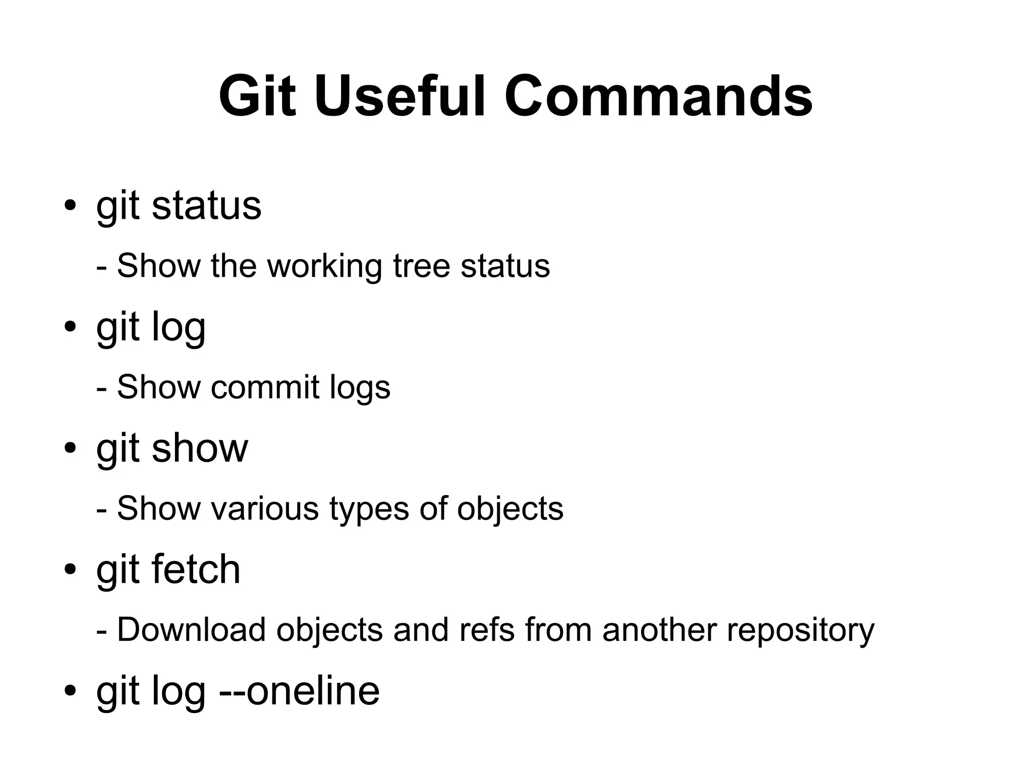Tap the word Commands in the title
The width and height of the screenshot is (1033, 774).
pyautogui.click(x=658, y=96)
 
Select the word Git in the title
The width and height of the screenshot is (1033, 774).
pyautogui.click(x=257, y=96)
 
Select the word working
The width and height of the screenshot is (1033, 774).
pyautogui.click(x=324, y=267)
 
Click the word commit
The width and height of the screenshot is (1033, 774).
pyautogui.click(x=265, y=387)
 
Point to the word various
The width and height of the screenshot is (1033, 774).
pyautogui.click(x=265, y=508)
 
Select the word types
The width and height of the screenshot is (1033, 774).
pyautogui.click(x=369, y=509)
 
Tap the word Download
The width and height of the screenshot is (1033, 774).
pyautogui.click(x=191, y=630)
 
